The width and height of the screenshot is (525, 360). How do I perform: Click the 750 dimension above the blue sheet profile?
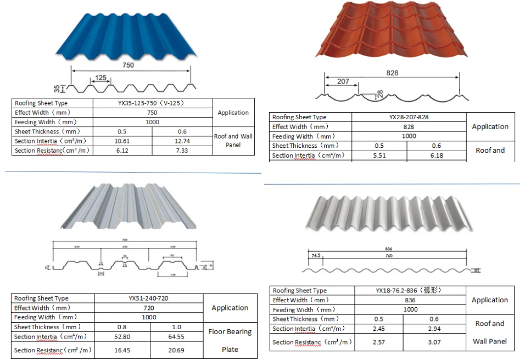[x=129, y=65]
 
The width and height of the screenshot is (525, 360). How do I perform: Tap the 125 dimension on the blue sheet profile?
[x=100, y=78]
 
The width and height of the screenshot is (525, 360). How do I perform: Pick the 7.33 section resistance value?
[x=182, y=151]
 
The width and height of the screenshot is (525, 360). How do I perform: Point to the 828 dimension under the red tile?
[x=392, y=73]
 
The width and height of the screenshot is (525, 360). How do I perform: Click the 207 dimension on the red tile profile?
[x=343, y=81]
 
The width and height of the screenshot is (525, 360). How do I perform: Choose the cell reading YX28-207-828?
[x=409, y=117]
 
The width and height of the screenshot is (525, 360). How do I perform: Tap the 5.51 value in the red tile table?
[x=379, y=156]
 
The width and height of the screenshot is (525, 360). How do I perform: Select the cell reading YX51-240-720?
[x=148, y=298]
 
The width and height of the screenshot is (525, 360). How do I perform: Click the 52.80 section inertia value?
[x=122, y=337]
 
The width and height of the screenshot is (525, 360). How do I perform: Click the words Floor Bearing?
[x=230, y=332]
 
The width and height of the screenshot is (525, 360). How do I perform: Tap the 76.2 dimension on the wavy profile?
[x=315, y=256]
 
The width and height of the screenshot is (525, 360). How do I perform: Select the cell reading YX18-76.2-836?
[x=410, y=291]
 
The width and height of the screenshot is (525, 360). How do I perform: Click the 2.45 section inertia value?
[x=379, y=329]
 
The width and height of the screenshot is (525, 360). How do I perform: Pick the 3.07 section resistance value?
[x=435, y=342]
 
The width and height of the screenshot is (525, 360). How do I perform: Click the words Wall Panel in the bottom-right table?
[x=490, y=341]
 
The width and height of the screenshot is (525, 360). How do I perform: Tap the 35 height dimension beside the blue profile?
[x=57, y=88]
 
